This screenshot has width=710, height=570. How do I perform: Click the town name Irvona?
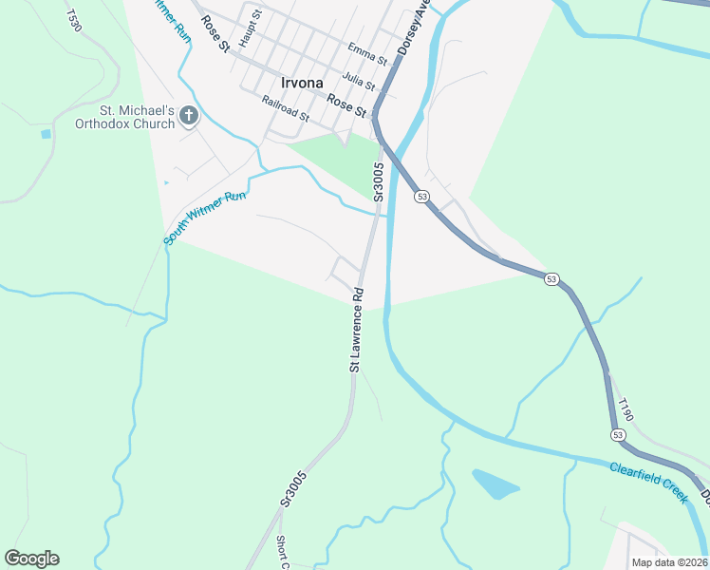click(302, 82)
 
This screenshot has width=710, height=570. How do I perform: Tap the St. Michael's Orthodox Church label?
click(125, 116)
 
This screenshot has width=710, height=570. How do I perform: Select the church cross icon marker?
click(189, 116)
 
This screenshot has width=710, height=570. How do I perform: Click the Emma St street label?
click(367, 53)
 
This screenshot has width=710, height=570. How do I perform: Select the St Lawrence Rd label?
click(357, 330)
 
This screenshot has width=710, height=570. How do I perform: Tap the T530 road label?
click(75, 20)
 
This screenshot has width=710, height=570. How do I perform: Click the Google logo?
click(31, 559)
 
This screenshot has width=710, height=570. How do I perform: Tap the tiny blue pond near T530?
click(46, 134)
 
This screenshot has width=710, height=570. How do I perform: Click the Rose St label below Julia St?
click(346, 104)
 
